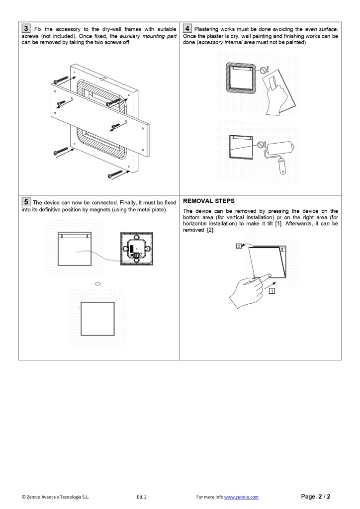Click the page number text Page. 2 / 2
(x=316, y=496)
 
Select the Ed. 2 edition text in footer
(x=142, y=497)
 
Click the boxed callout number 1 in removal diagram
(x=271, y=291)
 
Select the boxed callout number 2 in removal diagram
(x=240, y=246)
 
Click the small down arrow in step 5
(x=98, y=284)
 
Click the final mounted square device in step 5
(x=98, y=318)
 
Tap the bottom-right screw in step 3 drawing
(x=115, y=174)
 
